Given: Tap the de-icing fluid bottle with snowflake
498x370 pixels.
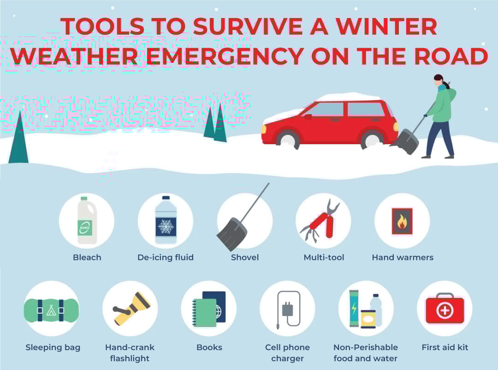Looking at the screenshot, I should click(166, 220).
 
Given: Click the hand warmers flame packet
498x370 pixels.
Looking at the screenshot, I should click(402, 221).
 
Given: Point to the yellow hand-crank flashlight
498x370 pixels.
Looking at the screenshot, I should click(132, 308).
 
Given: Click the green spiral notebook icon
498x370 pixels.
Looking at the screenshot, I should click(204, 313).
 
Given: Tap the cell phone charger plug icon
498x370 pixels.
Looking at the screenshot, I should click(287, 309).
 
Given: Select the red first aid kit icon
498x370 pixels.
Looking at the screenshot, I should click(445, 308).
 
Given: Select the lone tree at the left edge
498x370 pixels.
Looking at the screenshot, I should click(18, 139).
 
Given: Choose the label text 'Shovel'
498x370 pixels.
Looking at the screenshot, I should click(244, 257).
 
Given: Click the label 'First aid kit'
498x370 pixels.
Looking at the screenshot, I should click(445, 347).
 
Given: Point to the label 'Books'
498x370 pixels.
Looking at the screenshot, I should click(209, 347).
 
